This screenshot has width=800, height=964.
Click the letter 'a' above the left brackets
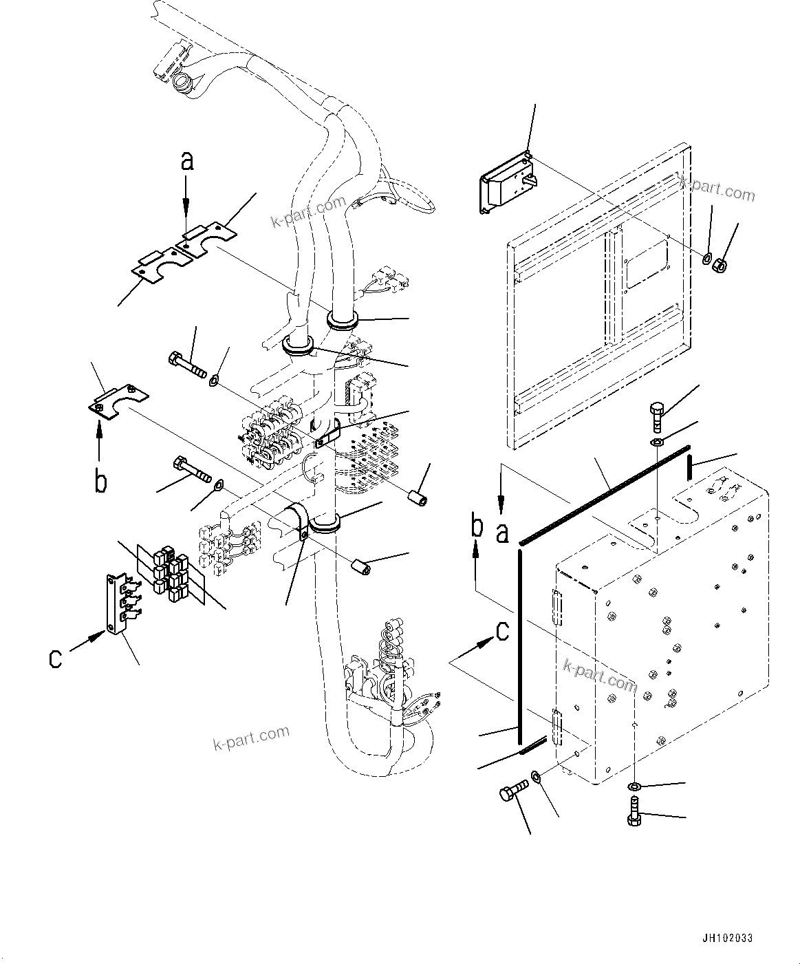click(x=186, y=161)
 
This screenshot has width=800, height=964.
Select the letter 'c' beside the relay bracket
click(x=55, y=658)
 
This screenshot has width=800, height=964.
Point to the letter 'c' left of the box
click(x=503, y=630)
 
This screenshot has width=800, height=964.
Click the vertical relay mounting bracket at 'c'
click(x=112, y=604)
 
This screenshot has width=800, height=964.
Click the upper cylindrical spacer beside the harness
click(x=417, y=497)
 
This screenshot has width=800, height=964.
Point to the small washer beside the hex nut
click(x=706, y=259)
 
